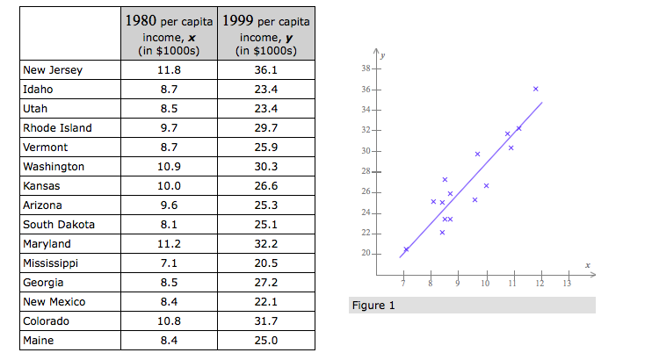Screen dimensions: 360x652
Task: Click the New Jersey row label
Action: [x=53, y=70]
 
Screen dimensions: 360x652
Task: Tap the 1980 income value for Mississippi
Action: [x=168, y=263]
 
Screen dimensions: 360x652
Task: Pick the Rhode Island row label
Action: [x=58, y=128]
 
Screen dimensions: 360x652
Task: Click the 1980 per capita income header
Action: [x=168, y=33]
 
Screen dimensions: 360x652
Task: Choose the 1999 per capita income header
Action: [x=264, y=33]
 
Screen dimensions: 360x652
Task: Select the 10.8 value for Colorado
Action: [x=168, y=321]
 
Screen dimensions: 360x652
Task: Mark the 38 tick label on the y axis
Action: [x=366, y=68]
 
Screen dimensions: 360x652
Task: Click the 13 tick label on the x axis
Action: [x=568, y=284]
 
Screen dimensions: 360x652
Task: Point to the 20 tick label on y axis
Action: [x=366, y=254]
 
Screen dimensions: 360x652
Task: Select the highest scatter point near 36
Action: [x=535, y=89]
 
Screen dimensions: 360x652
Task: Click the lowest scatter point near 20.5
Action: [x=406, y=249]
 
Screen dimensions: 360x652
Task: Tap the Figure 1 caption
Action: [x=373, y=306]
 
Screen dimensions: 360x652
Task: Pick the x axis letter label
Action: [x=587, y=264]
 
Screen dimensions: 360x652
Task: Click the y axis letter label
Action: [x=382, y=55]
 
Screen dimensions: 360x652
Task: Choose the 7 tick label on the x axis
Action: [x=402, y=284]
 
